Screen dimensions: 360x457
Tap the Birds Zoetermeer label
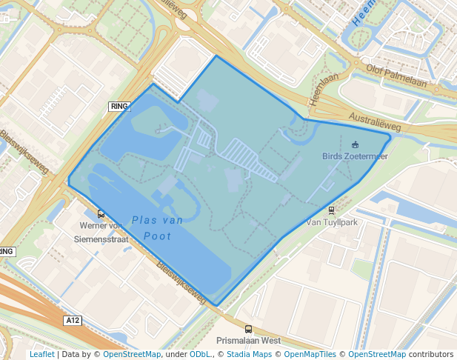tap(355, 156)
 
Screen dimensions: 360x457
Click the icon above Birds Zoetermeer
tap(355, 144)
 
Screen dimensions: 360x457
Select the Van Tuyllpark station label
tap(331, 222)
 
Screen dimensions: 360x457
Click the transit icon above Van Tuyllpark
tap(331, 210)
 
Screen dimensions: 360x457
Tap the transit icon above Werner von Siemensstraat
tap(101, 213)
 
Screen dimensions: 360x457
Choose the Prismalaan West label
tap(248, 341)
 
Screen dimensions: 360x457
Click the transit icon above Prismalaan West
tap(248, 330)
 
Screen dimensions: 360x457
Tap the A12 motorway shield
tap(72, 321)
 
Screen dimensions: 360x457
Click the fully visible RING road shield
tap(119, 107)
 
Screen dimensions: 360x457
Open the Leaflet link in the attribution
tap(41, 355)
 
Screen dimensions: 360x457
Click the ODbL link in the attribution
tap(199, 355)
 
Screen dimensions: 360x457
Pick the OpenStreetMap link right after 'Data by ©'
tap(132, 355)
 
